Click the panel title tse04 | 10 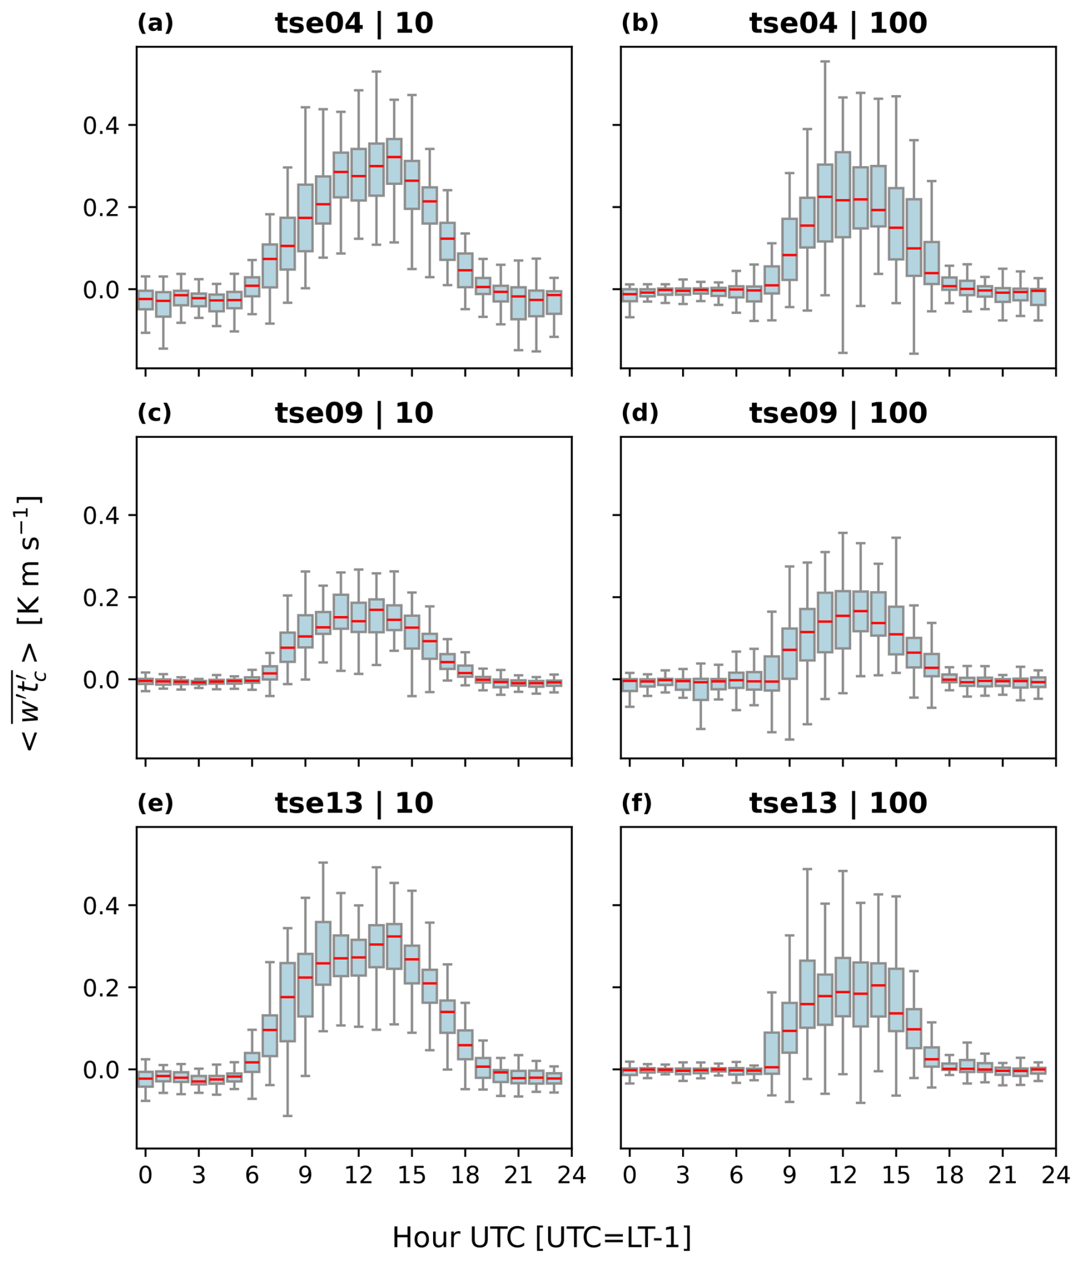coord(354,24)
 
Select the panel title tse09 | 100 coord(838,413)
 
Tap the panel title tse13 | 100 coord(838,803)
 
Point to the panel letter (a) coord(155,24)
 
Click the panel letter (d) coord(640,413)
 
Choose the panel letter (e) coord(155,803)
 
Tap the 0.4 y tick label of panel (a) coord(101,126)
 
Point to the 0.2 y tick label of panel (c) coord(101,597)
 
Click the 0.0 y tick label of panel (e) coord(101,1070)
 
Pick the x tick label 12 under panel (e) coord(358,1174)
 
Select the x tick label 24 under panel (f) coord(1055,1174)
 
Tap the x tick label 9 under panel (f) coord(790,1174)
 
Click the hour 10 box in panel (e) coord(323,961)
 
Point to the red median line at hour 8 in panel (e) coord(287,996)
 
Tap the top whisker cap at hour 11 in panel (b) coord(825,61)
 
